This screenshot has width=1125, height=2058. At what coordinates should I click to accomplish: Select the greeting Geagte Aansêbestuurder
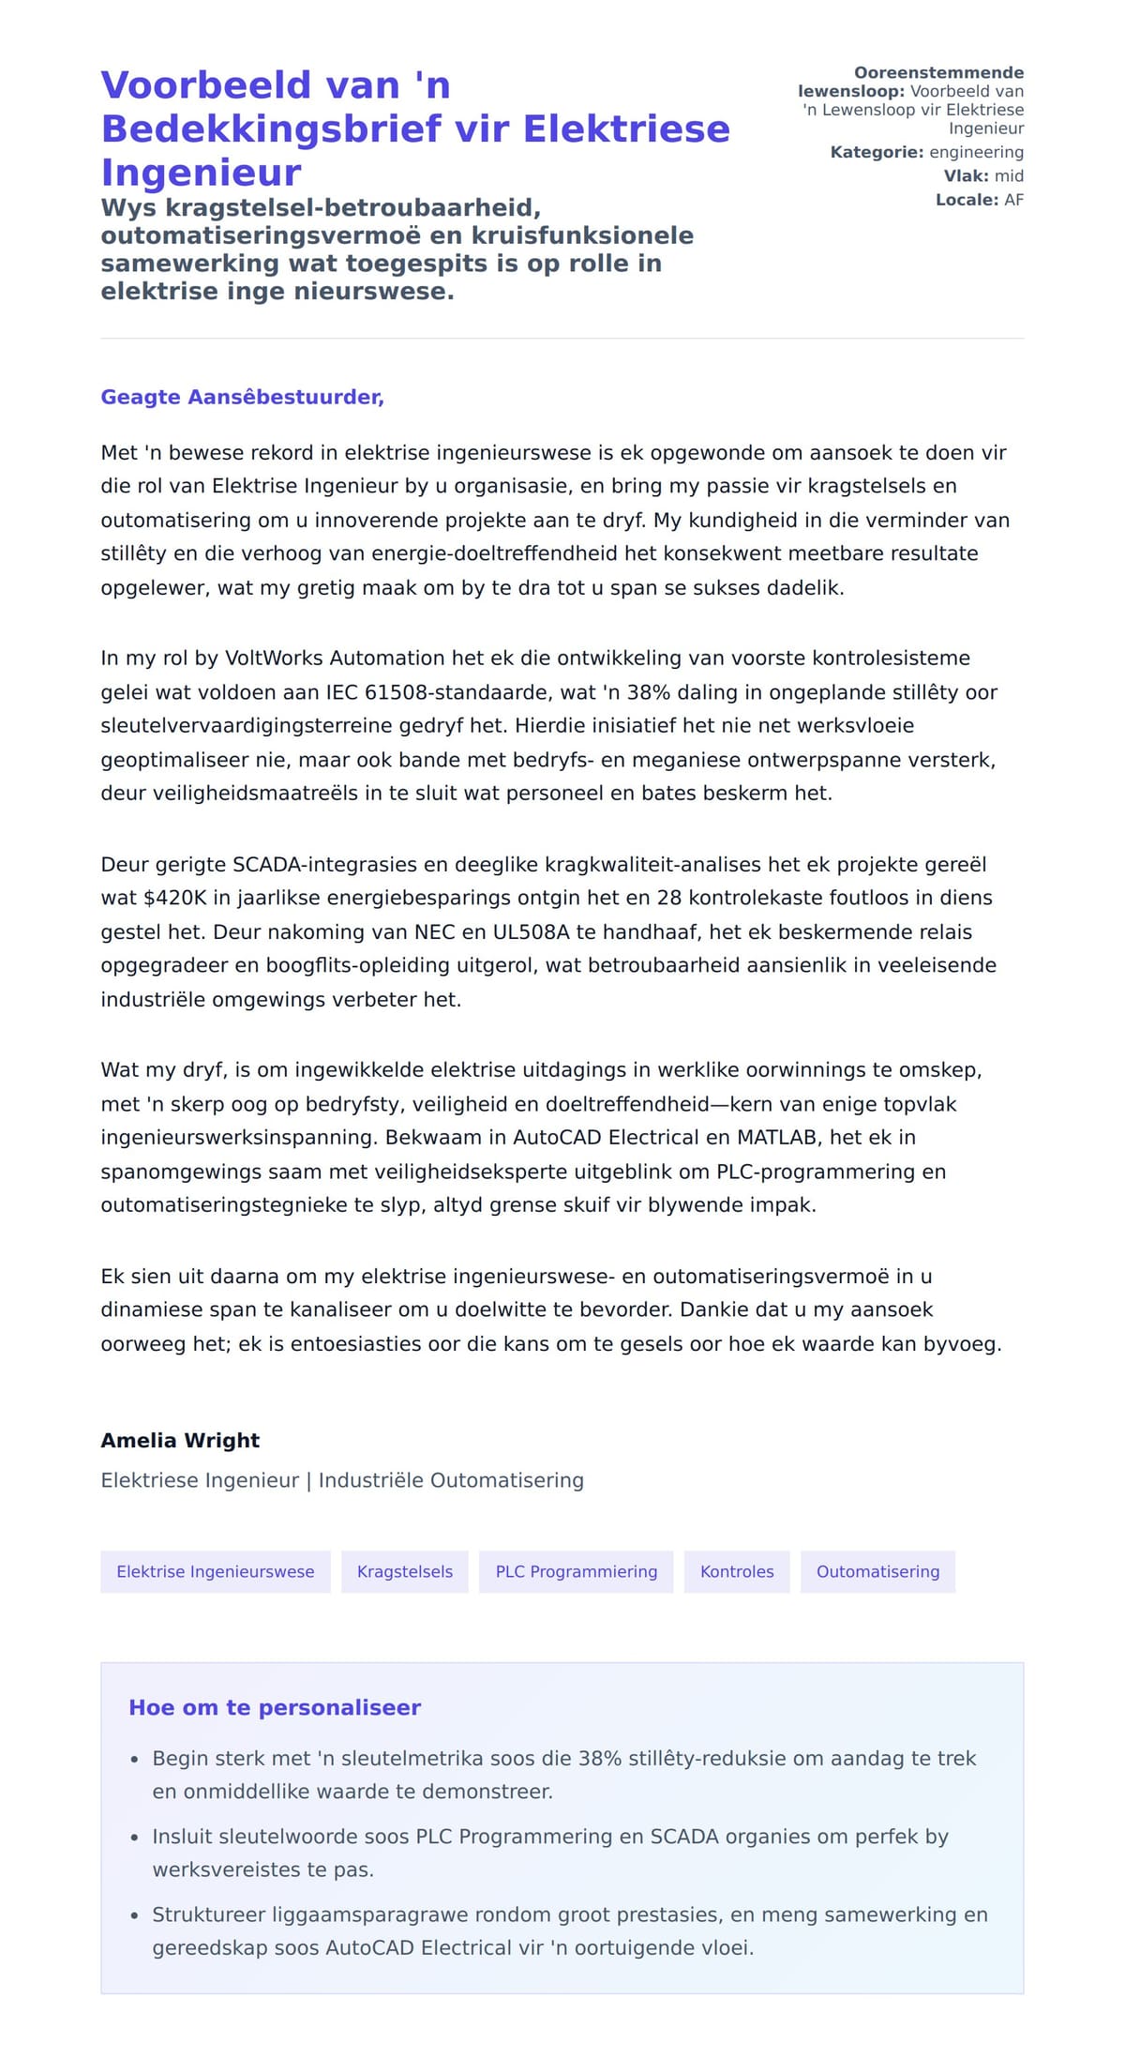[x=242, y=397]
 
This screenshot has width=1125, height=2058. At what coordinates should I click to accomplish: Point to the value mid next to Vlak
[x=1009, y=175]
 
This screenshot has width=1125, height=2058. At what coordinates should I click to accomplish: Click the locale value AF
[x=1013, y=200]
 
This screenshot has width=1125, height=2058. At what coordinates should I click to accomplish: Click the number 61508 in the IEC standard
[x=394, y=692]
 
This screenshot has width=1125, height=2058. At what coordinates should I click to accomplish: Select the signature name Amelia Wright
[x=180, y=1440]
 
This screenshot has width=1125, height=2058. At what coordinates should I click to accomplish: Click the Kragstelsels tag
[x=405, y=1571]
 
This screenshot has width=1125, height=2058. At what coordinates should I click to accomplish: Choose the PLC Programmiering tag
[x=577, y=1571]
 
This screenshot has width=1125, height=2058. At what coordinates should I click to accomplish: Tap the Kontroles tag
[x=737, y=1571]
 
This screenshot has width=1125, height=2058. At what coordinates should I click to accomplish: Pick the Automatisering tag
[x=877, y=1571]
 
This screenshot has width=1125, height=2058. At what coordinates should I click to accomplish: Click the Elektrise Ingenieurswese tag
[x=216, y=1571]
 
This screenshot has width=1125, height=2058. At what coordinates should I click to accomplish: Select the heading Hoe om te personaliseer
[x=275, y=1707]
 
